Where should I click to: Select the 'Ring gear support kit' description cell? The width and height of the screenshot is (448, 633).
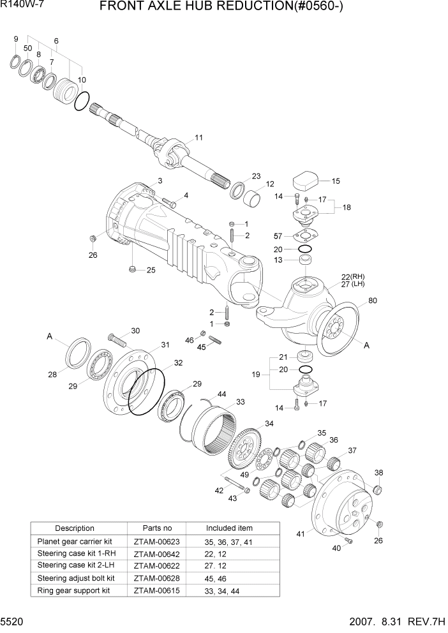pos(74,590)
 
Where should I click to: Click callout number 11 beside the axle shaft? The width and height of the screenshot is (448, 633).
pos(198,137)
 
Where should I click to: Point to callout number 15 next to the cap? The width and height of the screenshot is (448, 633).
pos(336,181)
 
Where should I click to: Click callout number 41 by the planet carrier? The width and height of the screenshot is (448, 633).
pos(301,533)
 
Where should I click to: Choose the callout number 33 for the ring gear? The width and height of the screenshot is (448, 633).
pos(241,402)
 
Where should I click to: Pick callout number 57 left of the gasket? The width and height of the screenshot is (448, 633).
pos(278,236)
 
